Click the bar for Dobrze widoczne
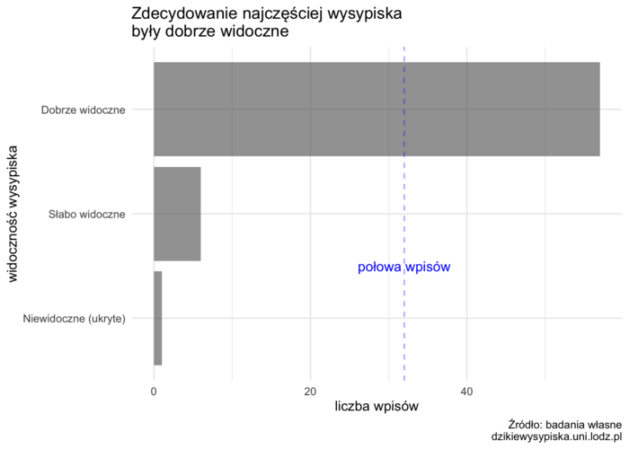(x=377, y=110)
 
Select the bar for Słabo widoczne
(x=177, y=214)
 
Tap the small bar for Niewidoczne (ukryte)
(x=157, y=318)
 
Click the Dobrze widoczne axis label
(x=84, y=110)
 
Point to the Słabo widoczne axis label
(x=87, y=215)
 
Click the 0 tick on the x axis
(x=155, y=392)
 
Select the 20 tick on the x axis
(x=310, y=392)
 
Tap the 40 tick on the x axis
(x=466, y=392)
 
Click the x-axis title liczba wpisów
(x=377, y=407)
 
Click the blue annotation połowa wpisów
(x=403, y=267)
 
